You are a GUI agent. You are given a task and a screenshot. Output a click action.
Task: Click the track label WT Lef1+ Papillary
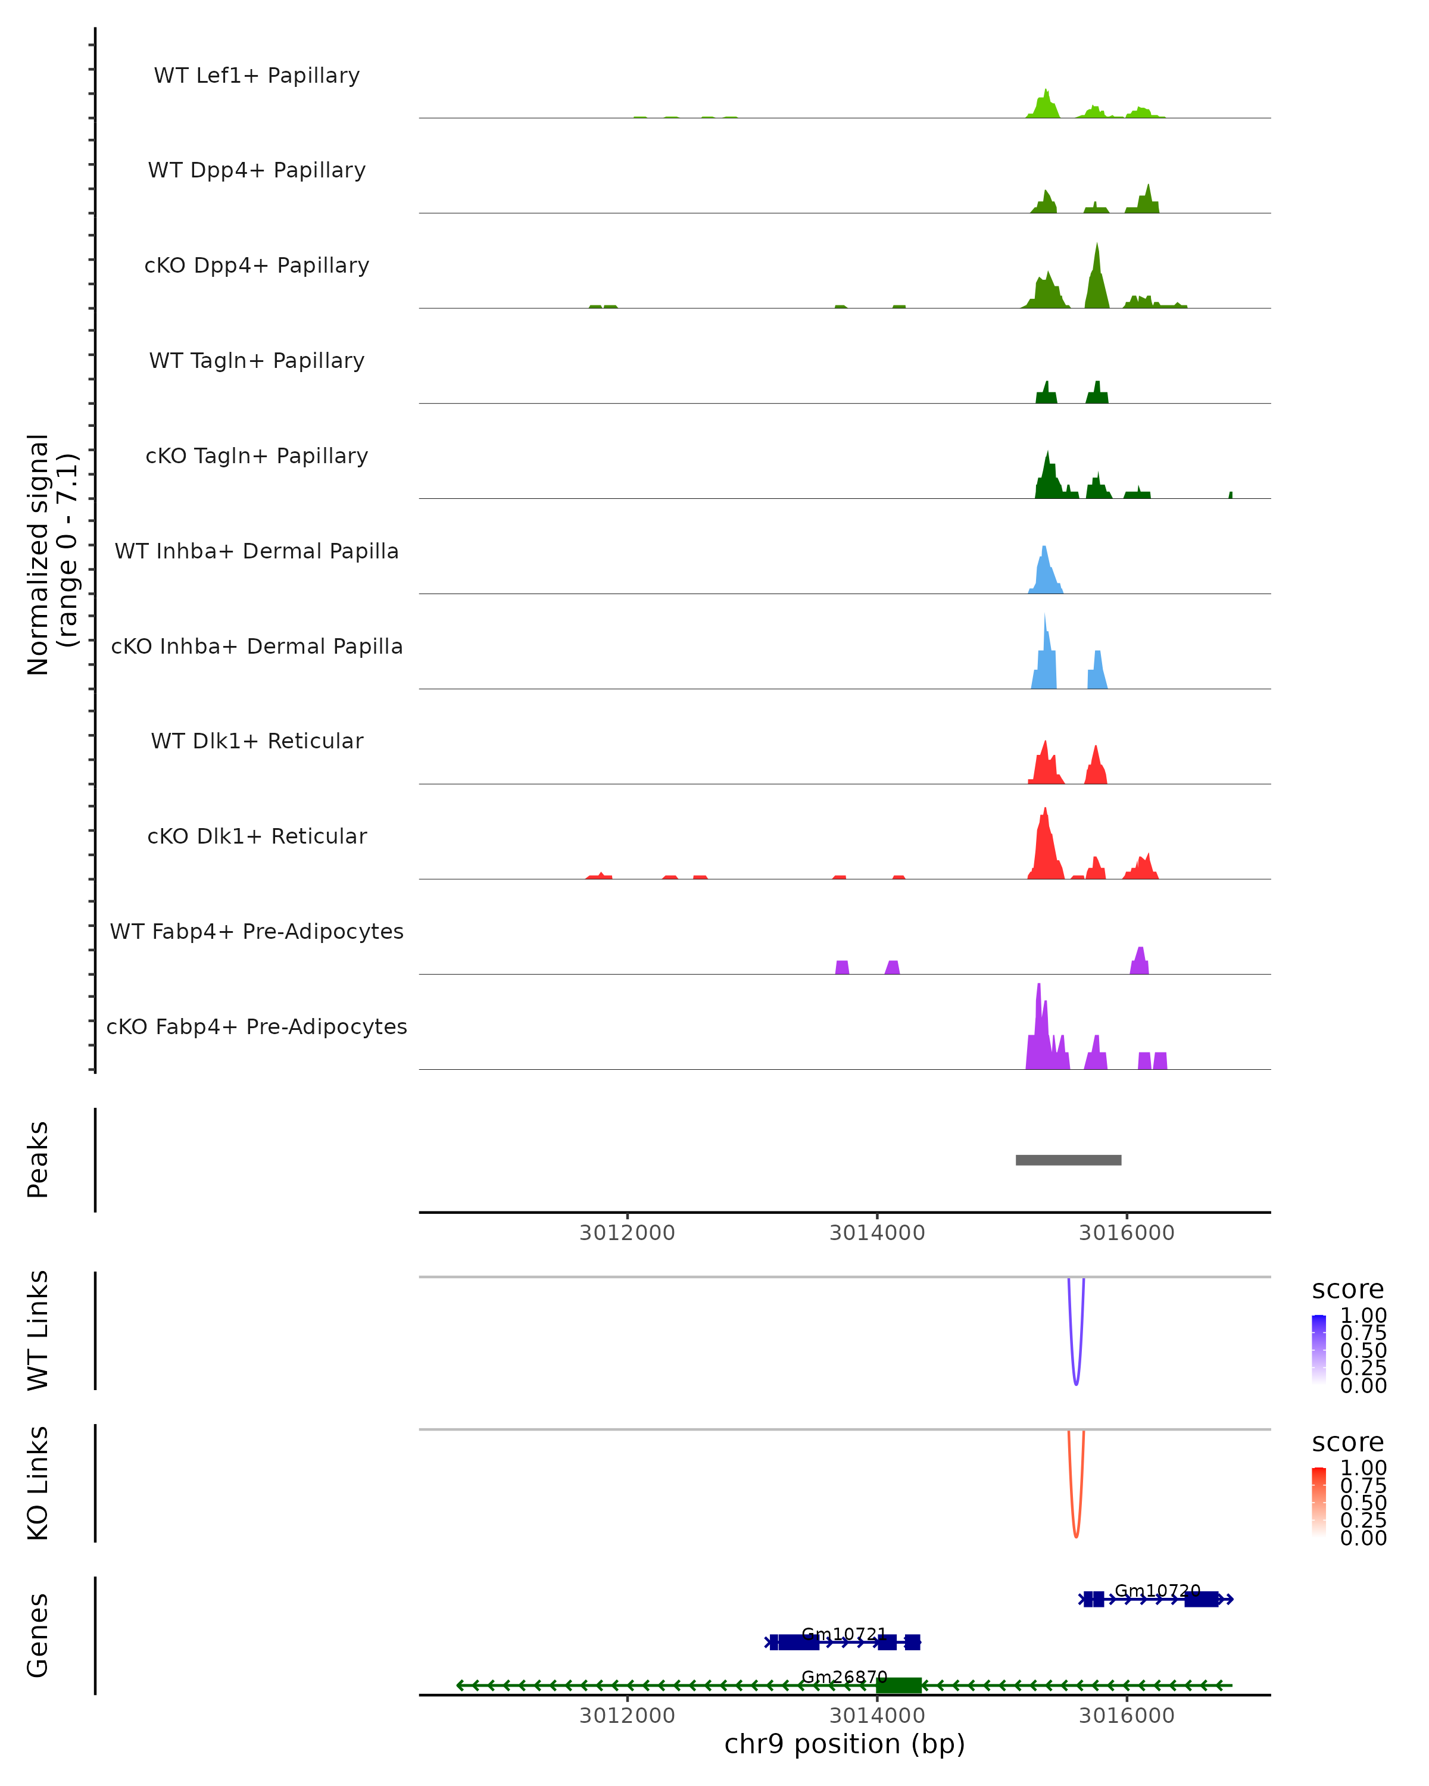257,76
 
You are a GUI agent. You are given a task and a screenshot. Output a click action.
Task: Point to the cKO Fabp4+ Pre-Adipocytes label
257,1026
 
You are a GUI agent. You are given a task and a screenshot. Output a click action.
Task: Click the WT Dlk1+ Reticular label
257,741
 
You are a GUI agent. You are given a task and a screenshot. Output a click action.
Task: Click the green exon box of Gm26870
899,1685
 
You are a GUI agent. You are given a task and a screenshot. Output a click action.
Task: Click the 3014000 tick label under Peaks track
876,1233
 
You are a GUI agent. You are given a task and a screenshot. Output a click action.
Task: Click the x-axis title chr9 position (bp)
844,1744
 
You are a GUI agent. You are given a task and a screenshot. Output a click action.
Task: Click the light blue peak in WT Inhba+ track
1044,572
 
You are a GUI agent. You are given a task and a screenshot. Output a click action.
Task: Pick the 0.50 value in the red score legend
1363,1503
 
